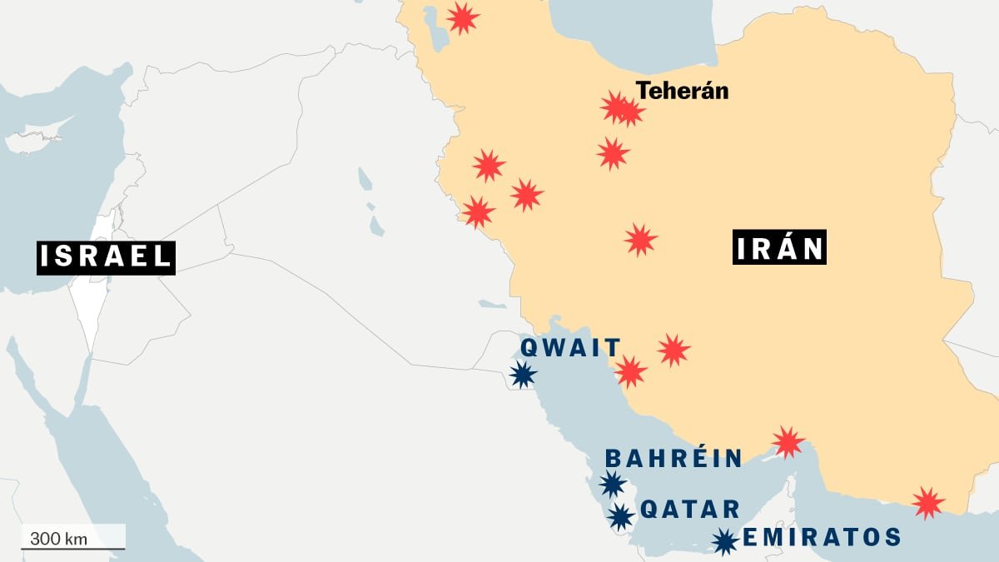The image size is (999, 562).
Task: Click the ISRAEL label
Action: click(x=105, y=256)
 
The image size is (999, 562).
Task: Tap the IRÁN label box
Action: click(x=779, y=248)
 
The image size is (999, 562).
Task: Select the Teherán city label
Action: click(x=682, y=90)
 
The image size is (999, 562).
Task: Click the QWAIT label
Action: click(x=570, y=347)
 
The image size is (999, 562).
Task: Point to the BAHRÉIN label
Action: click(x=673, y=458)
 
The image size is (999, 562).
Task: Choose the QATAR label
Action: click(x=689, y=509)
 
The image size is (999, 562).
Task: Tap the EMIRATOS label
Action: click(x=821, y=537)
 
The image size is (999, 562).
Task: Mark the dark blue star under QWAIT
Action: click(x=523, y=375)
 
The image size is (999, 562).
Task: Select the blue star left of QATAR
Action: click(x=620, y=516)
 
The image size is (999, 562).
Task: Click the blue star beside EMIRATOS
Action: click(x=725, y=542)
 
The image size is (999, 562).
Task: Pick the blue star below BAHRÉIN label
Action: click(x=612, y=484)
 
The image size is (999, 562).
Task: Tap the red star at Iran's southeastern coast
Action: click(x=927, y=503)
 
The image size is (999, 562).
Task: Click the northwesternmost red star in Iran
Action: click(x=463, y=17)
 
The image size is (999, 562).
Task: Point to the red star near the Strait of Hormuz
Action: click(x=788, y=442)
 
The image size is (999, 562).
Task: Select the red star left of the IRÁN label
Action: click(x=640, y=240)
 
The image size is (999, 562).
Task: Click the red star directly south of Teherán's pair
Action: click(x=613, y=153)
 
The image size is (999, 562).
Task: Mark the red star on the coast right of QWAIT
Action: click(x=631, y=371)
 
